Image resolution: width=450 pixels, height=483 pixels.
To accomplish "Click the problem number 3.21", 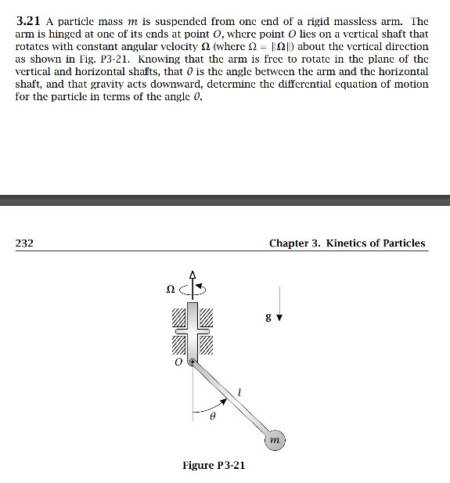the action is coord(28,22).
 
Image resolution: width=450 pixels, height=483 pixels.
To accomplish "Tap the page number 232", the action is coord(24,243).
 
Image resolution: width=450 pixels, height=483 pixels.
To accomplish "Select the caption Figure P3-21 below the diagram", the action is coord(214,466).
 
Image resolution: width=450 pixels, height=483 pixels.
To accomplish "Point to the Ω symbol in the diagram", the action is coord(171,289).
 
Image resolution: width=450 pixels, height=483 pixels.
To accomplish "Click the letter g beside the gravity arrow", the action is coord(268,318).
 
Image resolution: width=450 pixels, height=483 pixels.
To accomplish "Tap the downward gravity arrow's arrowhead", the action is coord(278,319).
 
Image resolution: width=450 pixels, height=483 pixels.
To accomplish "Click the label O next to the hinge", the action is coord(178,362).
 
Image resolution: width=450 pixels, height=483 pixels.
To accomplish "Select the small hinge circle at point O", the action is coord(193,361).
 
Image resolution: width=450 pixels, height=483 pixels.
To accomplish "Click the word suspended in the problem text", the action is coord(182,22).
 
